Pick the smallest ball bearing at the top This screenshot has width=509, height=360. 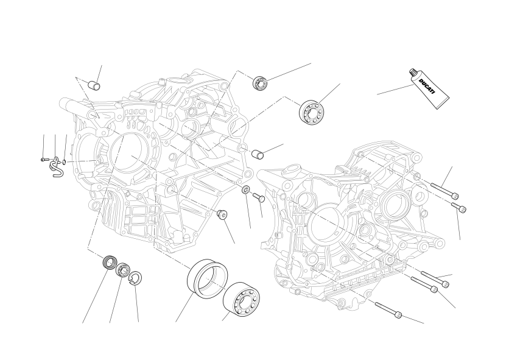point(261,82)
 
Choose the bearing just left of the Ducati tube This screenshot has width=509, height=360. point(309,113)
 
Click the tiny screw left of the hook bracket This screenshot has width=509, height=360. point(43,160)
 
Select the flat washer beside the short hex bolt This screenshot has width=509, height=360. point(245,191)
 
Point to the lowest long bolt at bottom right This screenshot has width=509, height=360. point(388,309)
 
